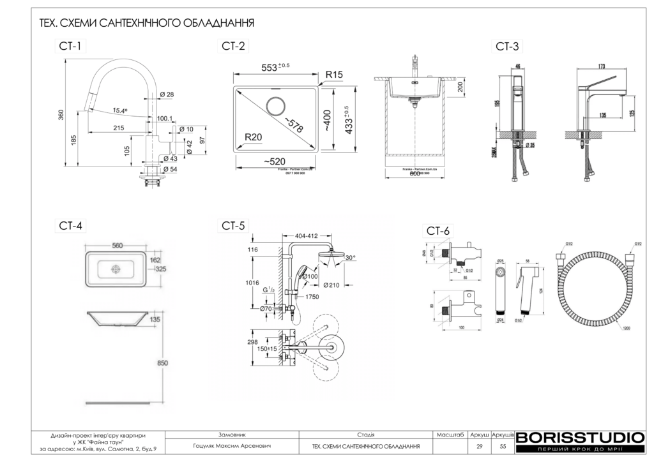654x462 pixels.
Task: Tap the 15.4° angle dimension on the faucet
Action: (x=119, y=110)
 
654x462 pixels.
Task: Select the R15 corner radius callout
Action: (x=334, y=75)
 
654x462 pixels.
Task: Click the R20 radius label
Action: (x=254, y=137)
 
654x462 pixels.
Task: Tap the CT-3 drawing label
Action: (x=507, y=46)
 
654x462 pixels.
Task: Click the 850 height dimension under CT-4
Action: (x=163, y=362)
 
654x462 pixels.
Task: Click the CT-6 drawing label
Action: (x=438, y=230)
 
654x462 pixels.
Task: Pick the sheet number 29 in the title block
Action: (x=480, y=446)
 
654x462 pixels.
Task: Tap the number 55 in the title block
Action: (x=503, y=446)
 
